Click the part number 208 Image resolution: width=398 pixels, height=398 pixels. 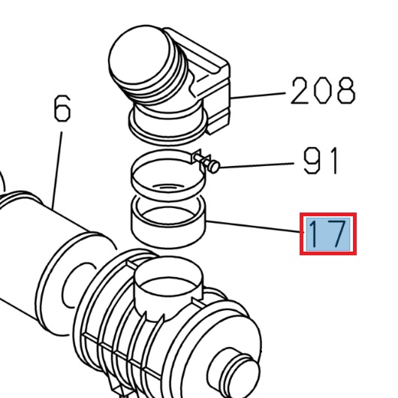pos(322,91)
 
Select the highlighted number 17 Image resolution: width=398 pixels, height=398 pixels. pos(327,234)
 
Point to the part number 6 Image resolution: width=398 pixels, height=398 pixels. pos(62,110)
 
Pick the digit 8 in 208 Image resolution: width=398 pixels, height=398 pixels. pos(343,91)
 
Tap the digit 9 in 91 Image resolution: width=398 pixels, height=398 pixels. pos(312,161)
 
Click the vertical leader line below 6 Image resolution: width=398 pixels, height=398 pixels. pos(57,165)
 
